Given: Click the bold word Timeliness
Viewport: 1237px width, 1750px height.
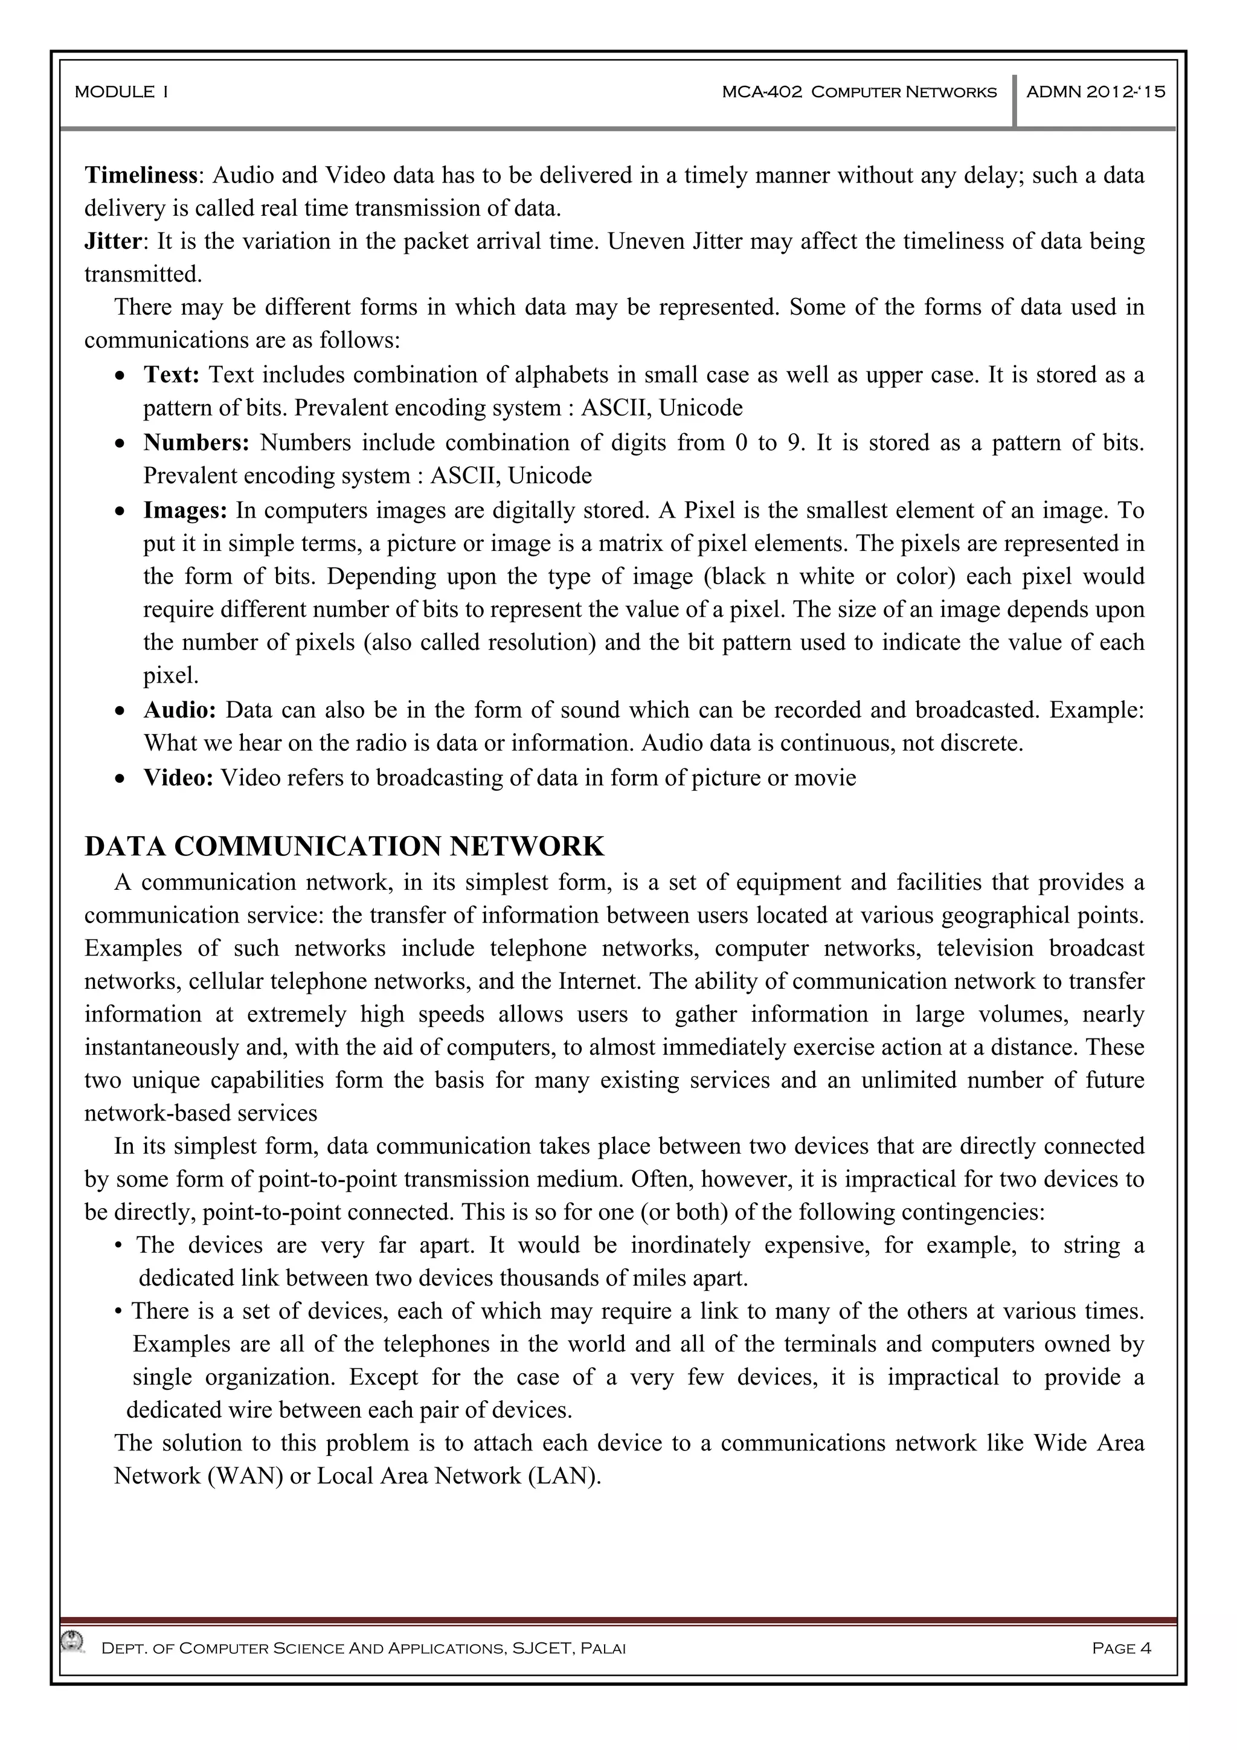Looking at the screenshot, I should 141,175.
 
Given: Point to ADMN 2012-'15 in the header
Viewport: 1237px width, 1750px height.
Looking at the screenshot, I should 1095,92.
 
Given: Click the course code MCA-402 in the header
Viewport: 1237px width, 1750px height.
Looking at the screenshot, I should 762,92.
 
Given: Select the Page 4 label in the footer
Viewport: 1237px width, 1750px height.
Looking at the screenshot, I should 1121,1649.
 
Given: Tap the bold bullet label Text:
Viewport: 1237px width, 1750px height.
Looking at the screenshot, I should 172,375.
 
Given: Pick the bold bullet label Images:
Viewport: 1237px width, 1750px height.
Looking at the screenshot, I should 185,510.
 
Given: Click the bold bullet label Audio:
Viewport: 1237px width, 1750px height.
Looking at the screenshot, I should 180,710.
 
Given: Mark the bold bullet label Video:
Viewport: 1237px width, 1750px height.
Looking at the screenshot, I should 178,778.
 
